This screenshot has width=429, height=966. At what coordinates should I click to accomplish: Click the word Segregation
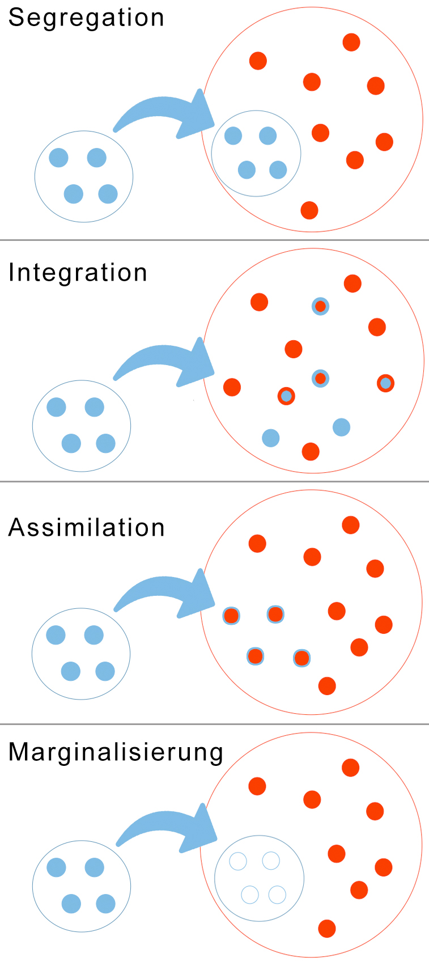(x=86, y=18)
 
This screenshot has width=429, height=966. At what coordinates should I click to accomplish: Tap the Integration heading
(x=78, y=273)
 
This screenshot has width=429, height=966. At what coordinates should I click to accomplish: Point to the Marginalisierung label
(x=116, y=753)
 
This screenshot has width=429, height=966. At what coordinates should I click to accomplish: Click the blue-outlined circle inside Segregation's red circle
(x=256, y=153)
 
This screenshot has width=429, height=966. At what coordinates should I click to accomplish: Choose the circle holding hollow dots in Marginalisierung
(x=259, y=878)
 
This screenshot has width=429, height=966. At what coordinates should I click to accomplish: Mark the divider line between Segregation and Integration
(x=214, y=240)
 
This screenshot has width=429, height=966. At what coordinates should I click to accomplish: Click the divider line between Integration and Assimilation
(x=214, y=482)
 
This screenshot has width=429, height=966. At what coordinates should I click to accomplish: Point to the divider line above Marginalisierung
(x=214, y=724)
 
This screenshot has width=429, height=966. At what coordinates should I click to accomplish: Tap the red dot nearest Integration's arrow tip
(x=232, y=387)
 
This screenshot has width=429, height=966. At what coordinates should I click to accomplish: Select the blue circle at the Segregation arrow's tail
(x=84, y=176)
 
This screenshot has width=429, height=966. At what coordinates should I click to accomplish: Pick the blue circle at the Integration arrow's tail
(x=82, y=426)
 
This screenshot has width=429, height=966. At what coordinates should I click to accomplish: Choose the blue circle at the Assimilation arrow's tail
(x=81, y=654)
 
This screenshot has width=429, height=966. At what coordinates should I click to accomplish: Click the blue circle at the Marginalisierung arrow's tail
(x=82, y=886)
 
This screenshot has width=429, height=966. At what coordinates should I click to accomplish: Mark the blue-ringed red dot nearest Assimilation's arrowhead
(x=231, y=615)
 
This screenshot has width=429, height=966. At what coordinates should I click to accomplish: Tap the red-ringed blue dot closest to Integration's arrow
(x=286, y=396)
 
